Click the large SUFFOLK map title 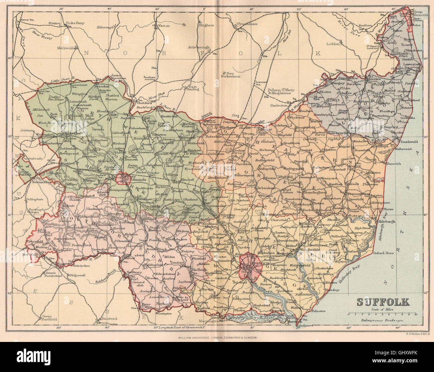tap(383, 302)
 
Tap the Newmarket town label tap(40, 183)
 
